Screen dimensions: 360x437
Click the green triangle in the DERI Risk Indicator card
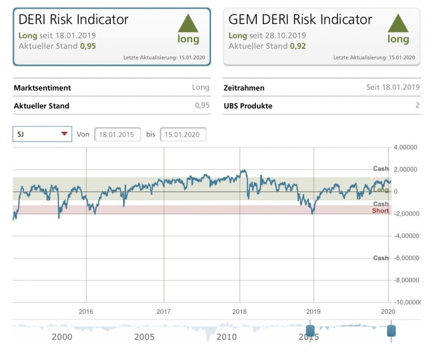(188, 23)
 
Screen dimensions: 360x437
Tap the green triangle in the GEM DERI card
(398, 23)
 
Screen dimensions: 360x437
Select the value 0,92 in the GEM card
(297, 47)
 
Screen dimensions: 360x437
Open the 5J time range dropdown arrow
(64, 134)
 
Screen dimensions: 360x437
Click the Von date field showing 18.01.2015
(117, 135)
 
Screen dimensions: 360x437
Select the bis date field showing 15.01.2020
(183, 135)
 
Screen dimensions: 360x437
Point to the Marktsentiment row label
(42, 88)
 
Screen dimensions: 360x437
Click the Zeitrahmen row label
(244, 88)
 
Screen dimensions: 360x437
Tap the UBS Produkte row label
(248, 106)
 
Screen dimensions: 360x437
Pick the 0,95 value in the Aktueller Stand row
(202, 106)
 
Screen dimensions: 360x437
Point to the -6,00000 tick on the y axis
(405, 258)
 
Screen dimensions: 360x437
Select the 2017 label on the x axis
(164, 312)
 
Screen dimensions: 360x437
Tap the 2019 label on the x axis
(313, 312)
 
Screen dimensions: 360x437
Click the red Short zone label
(380, 211)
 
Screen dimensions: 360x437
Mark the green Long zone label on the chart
(381, 190)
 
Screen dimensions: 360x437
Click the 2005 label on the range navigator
(144, 337)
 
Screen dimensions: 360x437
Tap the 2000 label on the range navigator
(62, 337)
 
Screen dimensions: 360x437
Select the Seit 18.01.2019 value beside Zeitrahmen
(392, 87)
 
